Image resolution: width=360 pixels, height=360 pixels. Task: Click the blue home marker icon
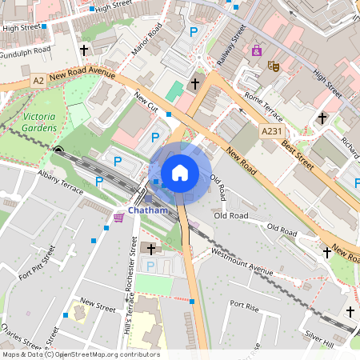(180, 173)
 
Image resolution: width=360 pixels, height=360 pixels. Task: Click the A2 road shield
(38, 80)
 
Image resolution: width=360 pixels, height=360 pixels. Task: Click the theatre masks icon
(274, 66)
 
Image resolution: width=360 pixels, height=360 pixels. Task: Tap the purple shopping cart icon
(118, 217)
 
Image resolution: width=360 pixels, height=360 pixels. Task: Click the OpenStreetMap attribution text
(80, 354)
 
